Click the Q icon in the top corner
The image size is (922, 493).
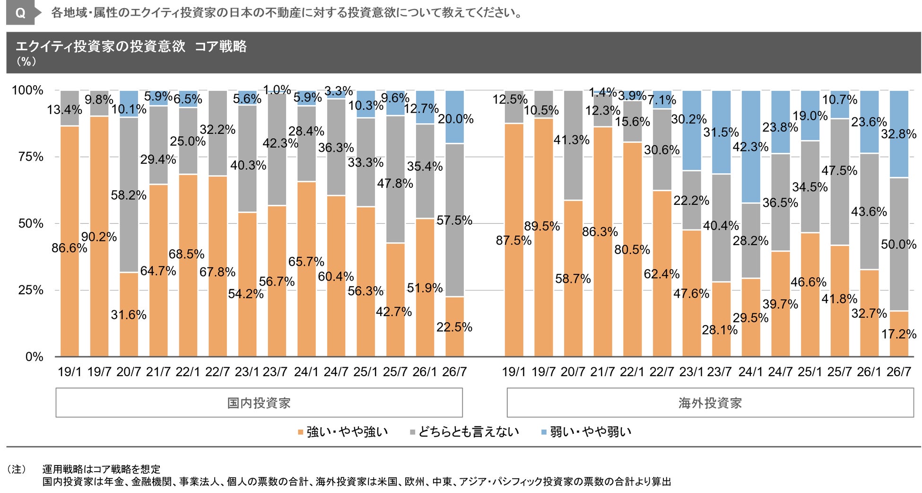click(x=20, y=13)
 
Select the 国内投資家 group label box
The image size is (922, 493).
click(x=259, y=403)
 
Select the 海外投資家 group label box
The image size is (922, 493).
click(x=710, y=403)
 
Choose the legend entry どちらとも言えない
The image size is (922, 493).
click(x=464, y=431)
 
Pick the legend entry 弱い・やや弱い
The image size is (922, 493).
click(x=586, y=431)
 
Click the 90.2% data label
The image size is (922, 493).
click(x=99, y=237)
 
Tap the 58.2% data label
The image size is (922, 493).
click(x=129, y=195)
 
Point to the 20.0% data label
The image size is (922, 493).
click(x=455, y=119)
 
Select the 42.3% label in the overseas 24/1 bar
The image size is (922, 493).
click(x=750, y=147)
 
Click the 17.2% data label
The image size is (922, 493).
click(x=899, y=334)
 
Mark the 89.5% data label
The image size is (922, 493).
click(x=542, y=226)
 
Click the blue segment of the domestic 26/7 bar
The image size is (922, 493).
click(x=454, y=117)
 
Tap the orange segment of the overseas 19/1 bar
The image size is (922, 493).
click(x=514, y=240)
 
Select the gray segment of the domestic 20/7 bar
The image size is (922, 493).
click(x=129, y=195)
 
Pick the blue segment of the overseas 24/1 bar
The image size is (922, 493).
click(x=751, y=147)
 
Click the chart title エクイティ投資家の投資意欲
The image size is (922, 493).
click(x=100, y=46)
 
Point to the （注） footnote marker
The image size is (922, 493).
click(x=17, y=469)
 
